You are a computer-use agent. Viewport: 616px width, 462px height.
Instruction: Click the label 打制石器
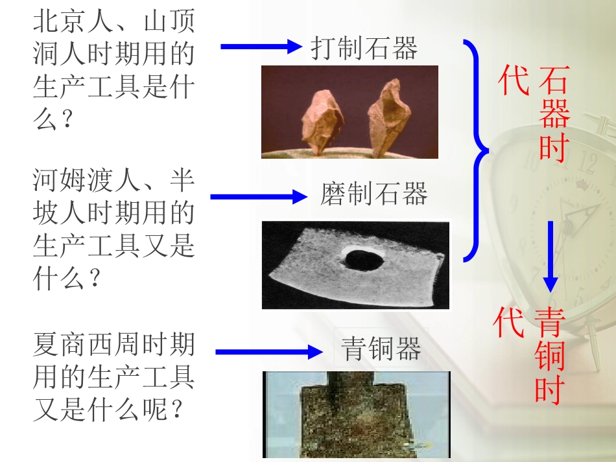(364, 49)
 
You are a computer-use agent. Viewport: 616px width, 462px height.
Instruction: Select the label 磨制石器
(374, 194)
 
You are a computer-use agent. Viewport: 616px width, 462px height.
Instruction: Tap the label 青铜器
(381, 349)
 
